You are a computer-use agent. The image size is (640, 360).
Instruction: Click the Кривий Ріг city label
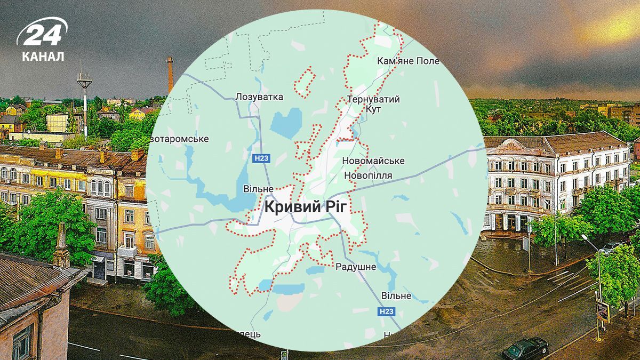(x=309, y=207)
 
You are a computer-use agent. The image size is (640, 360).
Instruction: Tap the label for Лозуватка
(x=259, y=97)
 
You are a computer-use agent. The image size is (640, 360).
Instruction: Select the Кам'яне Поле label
(x=408, y=61)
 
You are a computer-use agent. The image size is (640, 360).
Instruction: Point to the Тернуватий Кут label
(x=373, y=104)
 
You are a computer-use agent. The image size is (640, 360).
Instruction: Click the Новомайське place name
(x=373, y=161)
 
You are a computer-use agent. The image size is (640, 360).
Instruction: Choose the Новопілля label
(x=369, y=175)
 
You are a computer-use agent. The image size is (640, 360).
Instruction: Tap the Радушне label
(x=356, y=267)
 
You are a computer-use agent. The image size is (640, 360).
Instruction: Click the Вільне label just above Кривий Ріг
(x=258, y=189)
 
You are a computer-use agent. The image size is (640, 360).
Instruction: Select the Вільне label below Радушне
(x=396, y=295)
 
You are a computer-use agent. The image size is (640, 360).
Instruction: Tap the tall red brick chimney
(x=170, y=75)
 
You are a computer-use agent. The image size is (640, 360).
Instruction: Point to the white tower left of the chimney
(x=84, y=101)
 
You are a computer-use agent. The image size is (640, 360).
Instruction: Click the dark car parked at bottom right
(x=525, y=348)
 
